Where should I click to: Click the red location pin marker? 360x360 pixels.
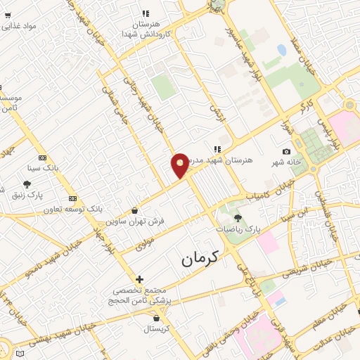point(181,165)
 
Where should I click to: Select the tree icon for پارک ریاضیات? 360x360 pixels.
point(238,218)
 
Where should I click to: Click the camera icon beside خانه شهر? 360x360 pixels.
point(285,152)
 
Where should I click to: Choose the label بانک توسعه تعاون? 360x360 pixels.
point(72,210)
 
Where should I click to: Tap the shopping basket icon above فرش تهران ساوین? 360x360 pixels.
point(134,210)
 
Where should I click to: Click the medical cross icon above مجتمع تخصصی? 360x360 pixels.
point(139,279)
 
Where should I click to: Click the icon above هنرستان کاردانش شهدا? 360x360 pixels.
point(146,13)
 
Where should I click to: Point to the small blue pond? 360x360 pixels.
point(282,51)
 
